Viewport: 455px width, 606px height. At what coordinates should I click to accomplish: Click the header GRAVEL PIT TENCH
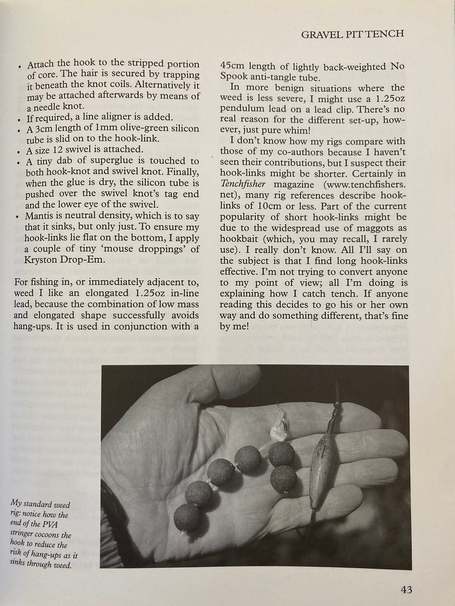pos(353,34)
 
